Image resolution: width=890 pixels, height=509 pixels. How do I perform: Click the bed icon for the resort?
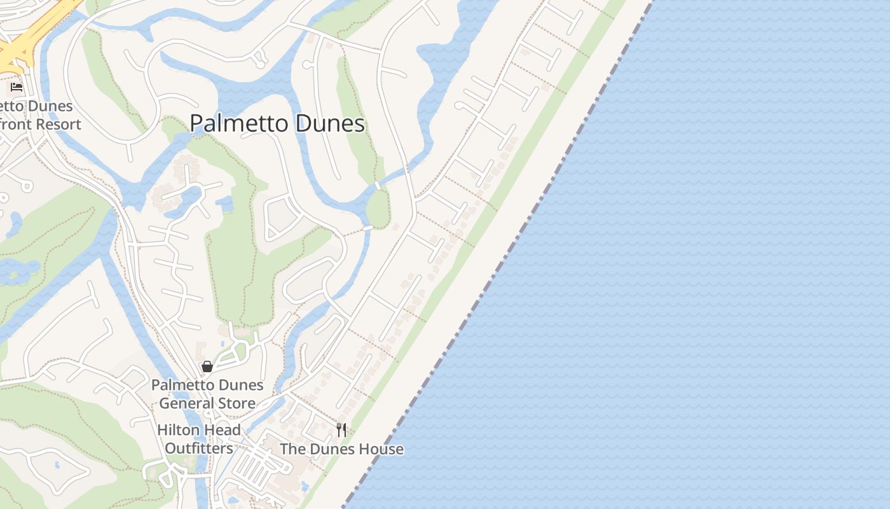click(x=17, y=87)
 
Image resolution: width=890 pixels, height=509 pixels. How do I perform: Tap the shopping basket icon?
click(x=207, y=366)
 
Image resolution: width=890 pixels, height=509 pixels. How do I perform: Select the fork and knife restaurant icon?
click(x=341, y=430)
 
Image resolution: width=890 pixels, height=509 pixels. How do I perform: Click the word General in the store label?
click(x=185, y=403)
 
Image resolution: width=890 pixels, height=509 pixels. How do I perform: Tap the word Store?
click(x=236, y=403)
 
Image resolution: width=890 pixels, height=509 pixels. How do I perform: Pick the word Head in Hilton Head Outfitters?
click(x=223, y=430)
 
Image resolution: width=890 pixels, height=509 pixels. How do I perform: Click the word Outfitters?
click(x=199, y=449)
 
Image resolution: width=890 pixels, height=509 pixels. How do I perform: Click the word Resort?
click(x=58, y=124)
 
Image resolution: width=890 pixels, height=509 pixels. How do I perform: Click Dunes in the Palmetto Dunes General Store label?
click(x=239, y=385)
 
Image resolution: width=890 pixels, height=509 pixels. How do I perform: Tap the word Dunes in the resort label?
click(x=51, y=106)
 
